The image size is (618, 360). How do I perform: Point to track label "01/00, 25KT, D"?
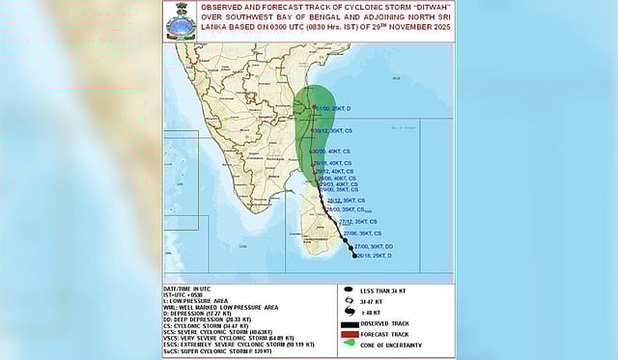(338, 108)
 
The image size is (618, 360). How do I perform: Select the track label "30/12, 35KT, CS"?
(334, 129)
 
